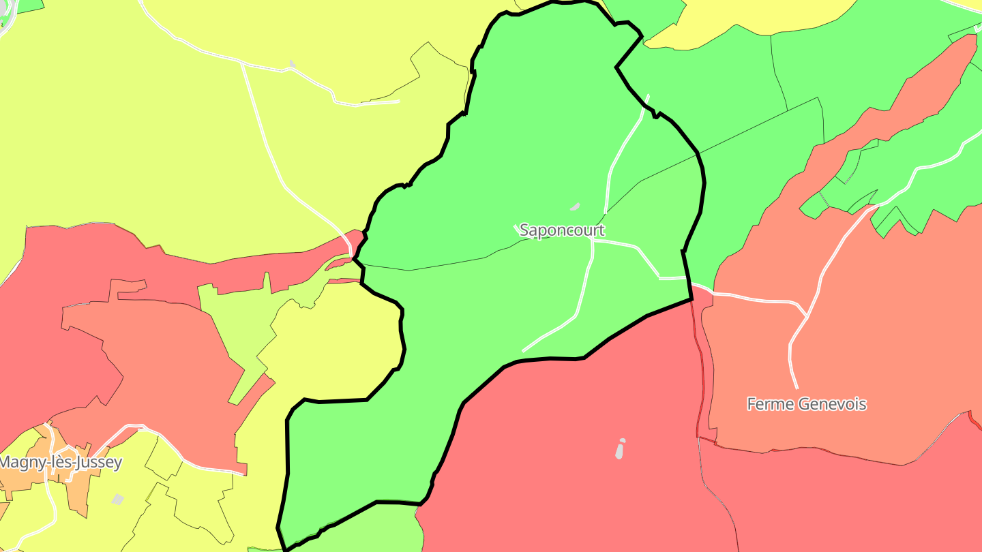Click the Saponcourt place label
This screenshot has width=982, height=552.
click(561, 230)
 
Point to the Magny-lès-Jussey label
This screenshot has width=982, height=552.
click(60, 462)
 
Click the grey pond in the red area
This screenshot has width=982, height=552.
click(620, 449)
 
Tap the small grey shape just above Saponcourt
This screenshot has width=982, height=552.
click(575, 206)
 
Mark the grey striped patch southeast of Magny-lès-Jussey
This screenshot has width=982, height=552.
click(117, 500)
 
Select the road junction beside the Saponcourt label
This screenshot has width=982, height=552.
click(593, 241)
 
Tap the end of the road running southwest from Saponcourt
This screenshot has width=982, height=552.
click(523, 351)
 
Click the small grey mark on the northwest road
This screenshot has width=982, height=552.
click(293, 64)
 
